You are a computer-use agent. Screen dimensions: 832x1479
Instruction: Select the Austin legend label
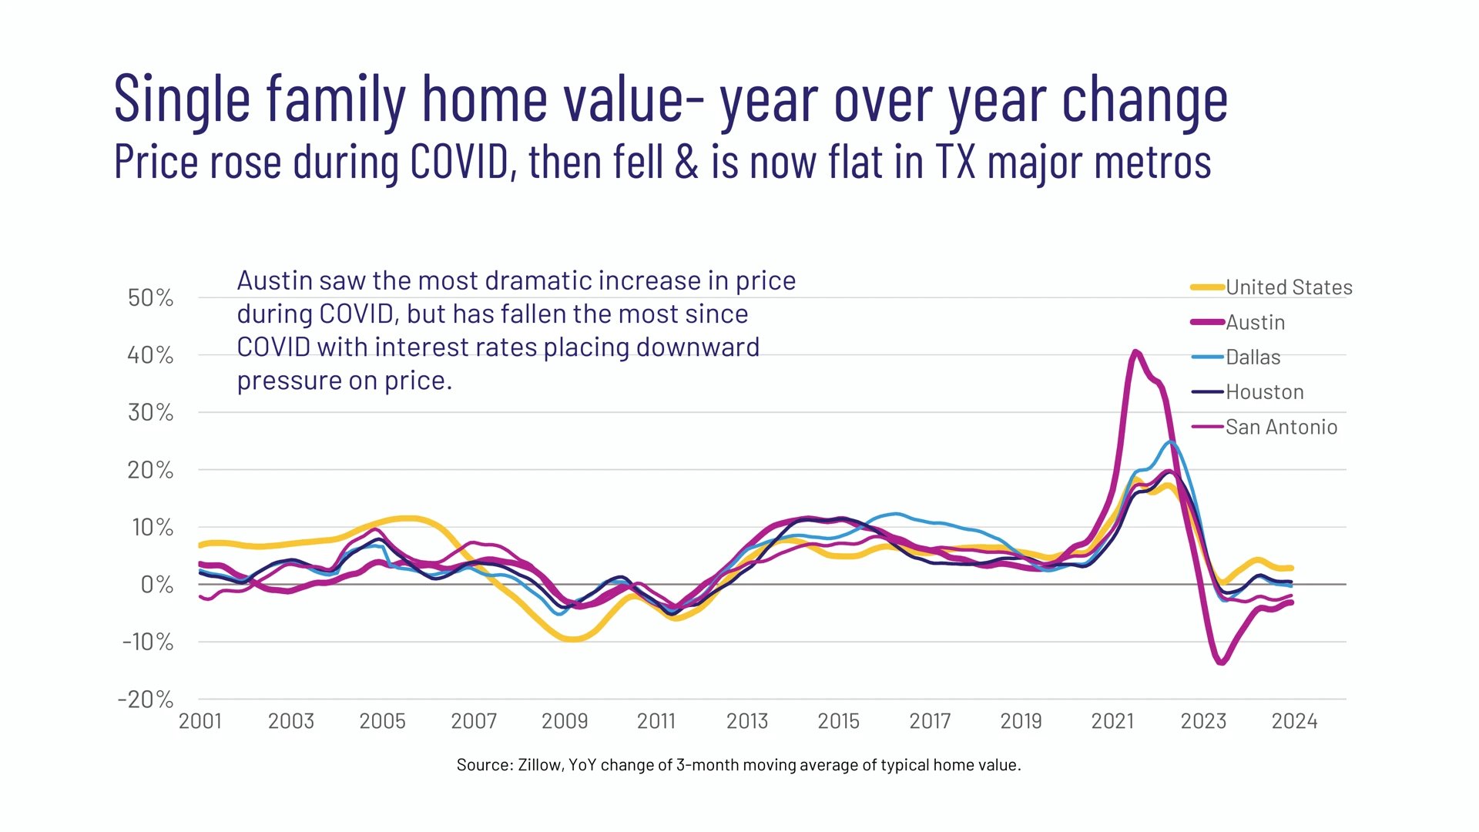click(1255, 322)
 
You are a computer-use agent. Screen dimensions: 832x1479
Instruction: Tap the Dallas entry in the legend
click(1253, 357)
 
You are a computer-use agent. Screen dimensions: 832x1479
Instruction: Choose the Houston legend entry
click(1264, 392)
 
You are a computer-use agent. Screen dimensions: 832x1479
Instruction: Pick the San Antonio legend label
click(1280, 427)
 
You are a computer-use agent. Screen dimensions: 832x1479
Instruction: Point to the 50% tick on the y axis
click(151, 298)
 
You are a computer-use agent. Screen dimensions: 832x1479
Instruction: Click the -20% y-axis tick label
click(146, 699)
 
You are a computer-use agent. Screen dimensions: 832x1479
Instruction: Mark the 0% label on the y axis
click(157, 585)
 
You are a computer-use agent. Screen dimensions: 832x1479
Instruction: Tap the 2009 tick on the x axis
click(565, 721)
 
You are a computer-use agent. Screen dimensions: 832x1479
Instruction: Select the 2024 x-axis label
click(1294, 721)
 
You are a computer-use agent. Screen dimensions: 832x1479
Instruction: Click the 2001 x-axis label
click(200, 721)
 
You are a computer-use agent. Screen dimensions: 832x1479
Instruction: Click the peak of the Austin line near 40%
click(1135, 352)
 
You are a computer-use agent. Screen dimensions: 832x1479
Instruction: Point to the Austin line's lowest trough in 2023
click(1222, 662)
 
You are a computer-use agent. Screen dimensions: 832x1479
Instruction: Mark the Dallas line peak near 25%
click(1171, 442)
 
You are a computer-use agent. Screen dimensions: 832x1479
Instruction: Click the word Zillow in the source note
click(540, 765)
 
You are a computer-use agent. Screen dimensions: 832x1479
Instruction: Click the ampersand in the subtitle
click(686, 162)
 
